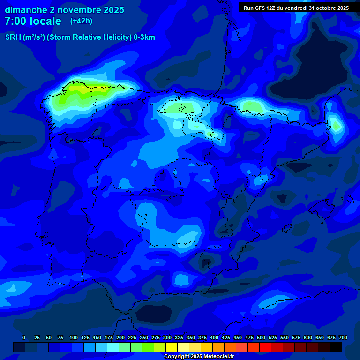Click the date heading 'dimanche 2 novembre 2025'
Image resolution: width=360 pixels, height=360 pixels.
click(x=64, y=10)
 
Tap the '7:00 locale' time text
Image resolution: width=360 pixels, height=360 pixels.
click(x=33, y=21)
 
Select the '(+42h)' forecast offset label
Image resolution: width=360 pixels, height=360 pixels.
click(x=82, y=21)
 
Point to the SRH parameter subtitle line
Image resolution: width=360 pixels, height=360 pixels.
click(x=80, y=37)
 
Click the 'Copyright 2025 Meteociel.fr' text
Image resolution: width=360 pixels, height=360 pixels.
click(x=199, y=357)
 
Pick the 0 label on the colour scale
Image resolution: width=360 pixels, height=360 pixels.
click(x=24, y=338)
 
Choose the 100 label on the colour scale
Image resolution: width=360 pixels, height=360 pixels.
click(x=74, y=338)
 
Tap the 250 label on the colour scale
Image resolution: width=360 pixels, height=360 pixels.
click(x=144, y=338)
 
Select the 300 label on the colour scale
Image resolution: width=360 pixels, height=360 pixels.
click(x=167, y=338)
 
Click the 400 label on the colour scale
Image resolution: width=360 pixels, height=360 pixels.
click(x=214, y=338)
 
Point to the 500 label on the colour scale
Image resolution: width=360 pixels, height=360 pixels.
click(x=261, y=338)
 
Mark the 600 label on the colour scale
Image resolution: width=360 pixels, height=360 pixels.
click(x=308, y=338)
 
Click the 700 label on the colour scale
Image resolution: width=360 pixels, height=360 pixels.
click(x=343, y=338)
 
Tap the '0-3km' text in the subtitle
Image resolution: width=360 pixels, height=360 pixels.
click(x=144, y=37)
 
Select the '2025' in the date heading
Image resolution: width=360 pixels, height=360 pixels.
click(x=114, y=10)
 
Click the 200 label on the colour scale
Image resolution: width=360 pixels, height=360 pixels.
click(x=120, y=338)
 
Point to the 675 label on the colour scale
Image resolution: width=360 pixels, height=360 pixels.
click(x=331, y=338)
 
